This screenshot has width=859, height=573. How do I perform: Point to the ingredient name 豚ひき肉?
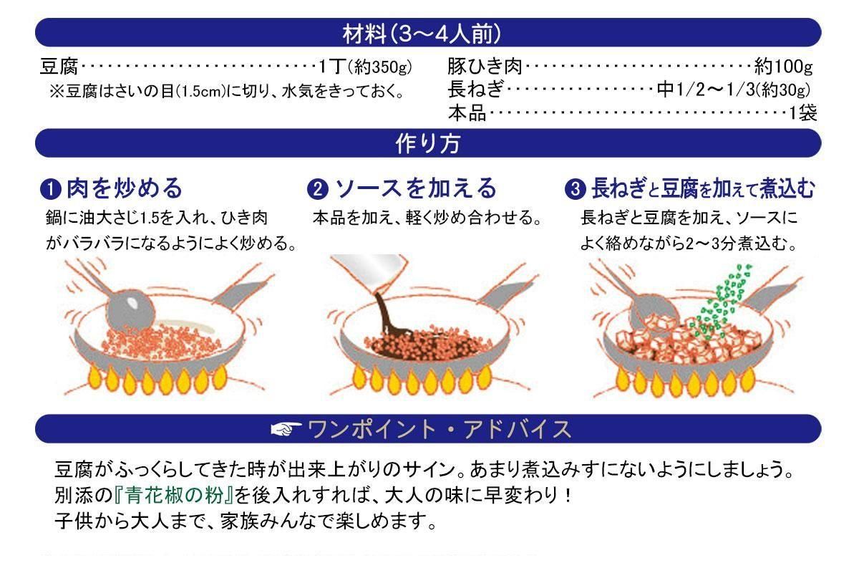point(485,68)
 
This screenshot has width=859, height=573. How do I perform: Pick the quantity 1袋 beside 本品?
point(802,113)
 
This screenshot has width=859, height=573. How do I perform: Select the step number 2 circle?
point(317,190)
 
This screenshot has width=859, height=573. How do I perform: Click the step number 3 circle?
point(574,190)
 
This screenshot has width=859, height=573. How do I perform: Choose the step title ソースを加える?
point(415,188)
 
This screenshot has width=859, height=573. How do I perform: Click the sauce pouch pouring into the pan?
point(369,276)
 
